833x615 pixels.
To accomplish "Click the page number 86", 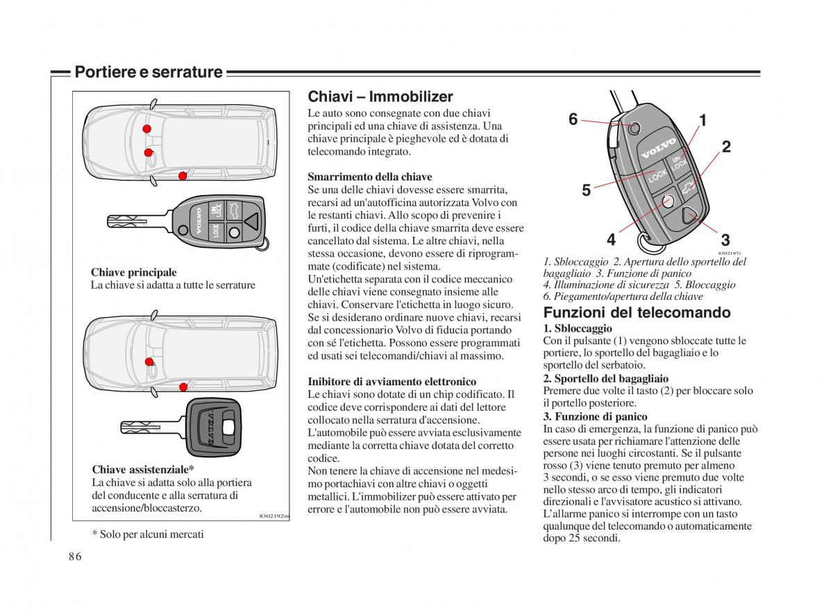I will (x=76, y=557).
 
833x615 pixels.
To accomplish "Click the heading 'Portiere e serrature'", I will (x=149, y=72).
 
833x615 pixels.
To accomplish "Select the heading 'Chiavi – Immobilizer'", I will (x=380, y=96).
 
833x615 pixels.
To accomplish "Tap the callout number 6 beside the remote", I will (x=573, y=119).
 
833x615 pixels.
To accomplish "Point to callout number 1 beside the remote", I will (x=702, y=121).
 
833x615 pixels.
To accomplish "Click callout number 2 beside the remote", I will (x=726, y=146).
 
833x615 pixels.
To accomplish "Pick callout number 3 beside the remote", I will (x=725, y=240).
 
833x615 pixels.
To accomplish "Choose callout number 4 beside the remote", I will (x=611, y=240).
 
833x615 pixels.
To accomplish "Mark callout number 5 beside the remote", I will (x=586, y=190).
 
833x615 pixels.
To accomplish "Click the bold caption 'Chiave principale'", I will (x=134, y=273).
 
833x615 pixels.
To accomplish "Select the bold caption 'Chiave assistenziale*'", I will (x=143, y=470).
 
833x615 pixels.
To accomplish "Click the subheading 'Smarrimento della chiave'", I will (x=370, y=177).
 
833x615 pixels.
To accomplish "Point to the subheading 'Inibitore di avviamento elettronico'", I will (x=392, y=382).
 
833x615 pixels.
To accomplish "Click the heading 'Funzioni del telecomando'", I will (x=637, y=312).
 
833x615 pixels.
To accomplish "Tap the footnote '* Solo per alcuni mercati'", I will (x=148, y=534).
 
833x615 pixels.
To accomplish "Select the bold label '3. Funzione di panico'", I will (x=595, y=416).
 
